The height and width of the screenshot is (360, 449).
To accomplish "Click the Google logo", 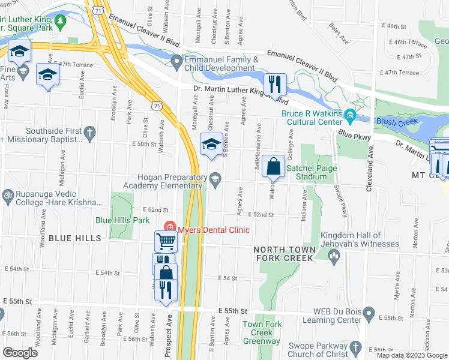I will pos(20,352).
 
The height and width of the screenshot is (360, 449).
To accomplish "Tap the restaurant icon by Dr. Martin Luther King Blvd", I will pos(275,82).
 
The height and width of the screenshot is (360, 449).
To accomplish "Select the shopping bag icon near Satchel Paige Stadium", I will pos(273,166).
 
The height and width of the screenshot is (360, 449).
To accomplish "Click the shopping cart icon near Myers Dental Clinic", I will pos(166,241).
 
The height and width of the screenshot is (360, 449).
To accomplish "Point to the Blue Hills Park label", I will pos(122,220).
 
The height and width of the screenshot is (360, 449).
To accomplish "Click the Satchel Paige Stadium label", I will pos(314,173).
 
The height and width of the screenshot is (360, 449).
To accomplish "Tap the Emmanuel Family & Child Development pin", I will pos(176,61).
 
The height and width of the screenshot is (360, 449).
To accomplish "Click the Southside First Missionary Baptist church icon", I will pos(89,133).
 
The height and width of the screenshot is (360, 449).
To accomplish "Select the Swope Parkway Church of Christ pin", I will pos(355,348).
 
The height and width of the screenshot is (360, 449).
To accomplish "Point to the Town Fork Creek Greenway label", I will pos(261,333).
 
